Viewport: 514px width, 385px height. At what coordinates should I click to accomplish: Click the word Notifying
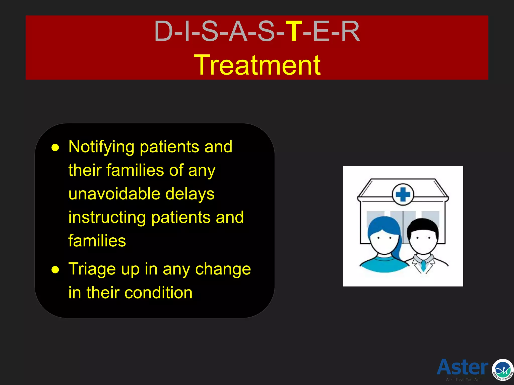pyautogui.click(x=101, y=147)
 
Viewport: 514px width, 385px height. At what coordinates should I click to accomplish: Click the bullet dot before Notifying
pyautogui.click(x=55, y=148)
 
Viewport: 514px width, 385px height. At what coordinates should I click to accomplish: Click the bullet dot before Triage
pyautogui.click(x=55, y=270)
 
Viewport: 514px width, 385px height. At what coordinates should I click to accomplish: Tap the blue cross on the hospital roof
pyautogui.click(x=403, y=195)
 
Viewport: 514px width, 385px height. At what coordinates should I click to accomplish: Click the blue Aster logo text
pyautogui.click(x=462, y=367)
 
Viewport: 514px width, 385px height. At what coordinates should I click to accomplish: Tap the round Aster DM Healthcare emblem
pyautogui.click(x=502, y=370)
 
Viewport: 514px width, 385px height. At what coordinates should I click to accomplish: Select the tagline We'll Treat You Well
pyautogui.click(x=463, y=380)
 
